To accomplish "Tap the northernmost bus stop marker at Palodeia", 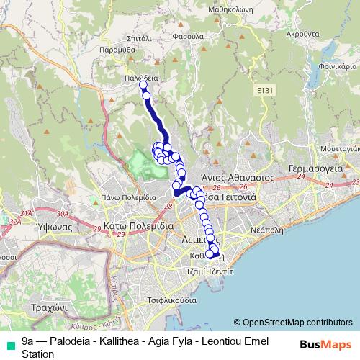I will click(x=143, y=85).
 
